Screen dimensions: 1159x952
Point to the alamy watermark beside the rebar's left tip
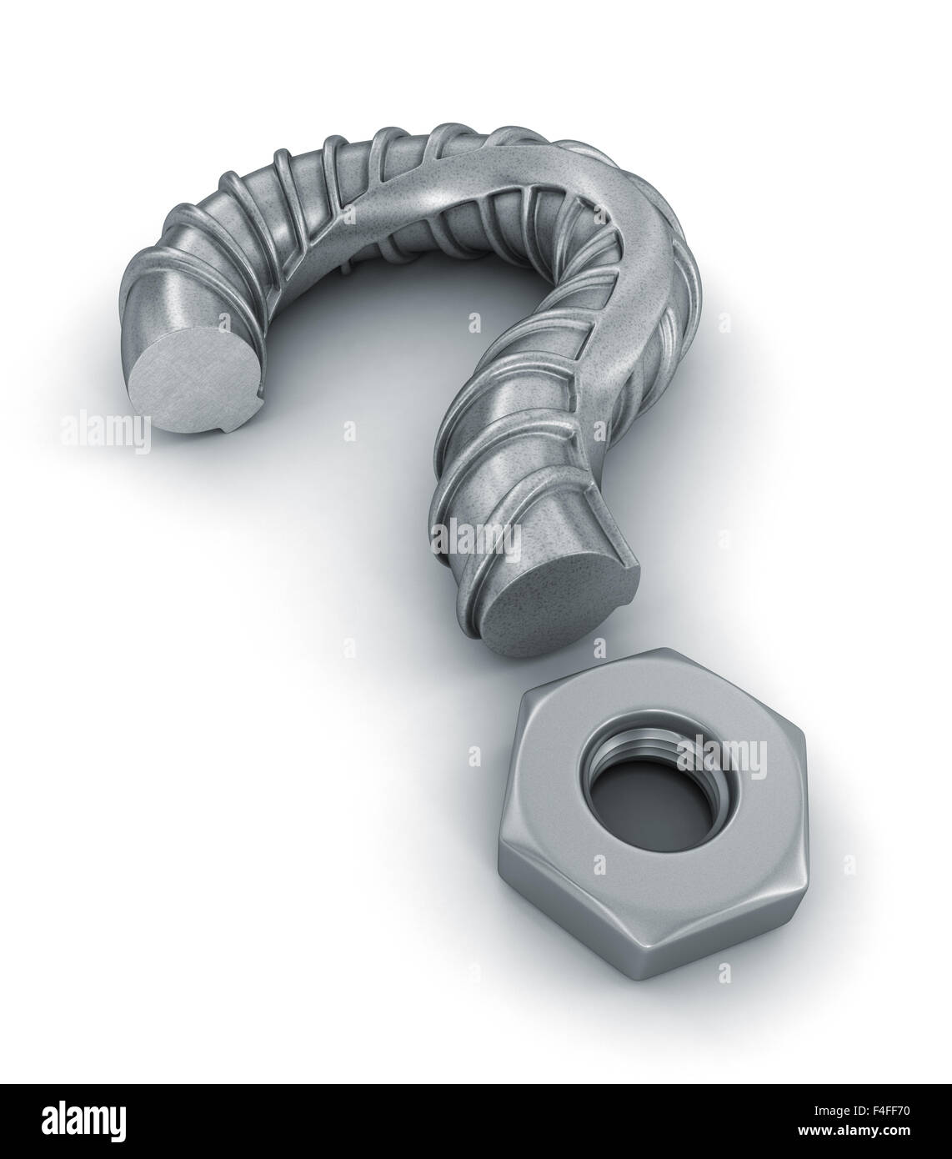coord(105,431)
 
